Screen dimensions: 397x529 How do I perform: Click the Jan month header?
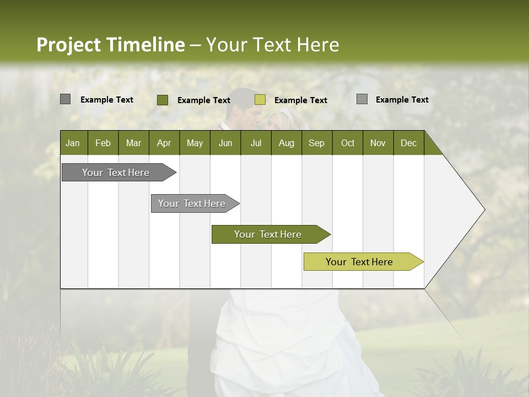click(x=73, y=143)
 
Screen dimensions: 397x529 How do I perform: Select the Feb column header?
click(x=103, y=143)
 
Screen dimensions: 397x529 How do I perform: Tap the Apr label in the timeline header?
click(x=164, y=143)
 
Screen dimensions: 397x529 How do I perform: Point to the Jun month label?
click(x=225, y=143)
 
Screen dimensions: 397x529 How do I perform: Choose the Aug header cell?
click(x=286, y=143)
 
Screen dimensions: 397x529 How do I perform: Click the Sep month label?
click(x=316, y=143)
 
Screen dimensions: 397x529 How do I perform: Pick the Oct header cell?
click(x=348, y=143)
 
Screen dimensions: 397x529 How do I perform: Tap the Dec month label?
click(x=408, y=143)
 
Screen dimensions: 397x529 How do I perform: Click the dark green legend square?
click(x=163, y=100)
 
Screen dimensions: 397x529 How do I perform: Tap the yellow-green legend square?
click(x=260, y=100)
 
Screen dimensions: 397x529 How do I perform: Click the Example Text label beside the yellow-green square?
click(x=300, y=100)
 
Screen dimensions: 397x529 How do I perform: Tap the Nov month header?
click(x=377, y=143)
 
